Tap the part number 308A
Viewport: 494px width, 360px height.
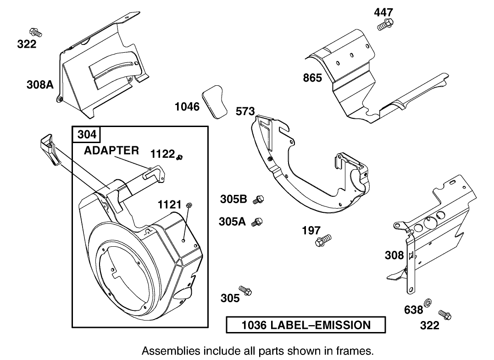click(40, 84)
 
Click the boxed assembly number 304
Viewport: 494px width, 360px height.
click(87, 134)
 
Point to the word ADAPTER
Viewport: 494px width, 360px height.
click(111, 150)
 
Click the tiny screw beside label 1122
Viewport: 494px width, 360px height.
click(180, 157)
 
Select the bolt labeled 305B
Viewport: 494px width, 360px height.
click(259, 199)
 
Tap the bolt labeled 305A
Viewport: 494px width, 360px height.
click(257, 222)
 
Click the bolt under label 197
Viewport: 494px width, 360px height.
click(323, 241)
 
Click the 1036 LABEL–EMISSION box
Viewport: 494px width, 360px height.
click(306, 325)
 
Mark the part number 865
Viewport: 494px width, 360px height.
click(312, 78)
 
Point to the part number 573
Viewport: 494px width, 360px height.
click(245, 111)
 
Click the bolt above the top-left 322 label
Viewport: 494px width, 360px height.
click(35, 32)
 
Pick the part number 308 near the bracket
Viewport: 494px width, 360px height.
click(394, 255)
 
